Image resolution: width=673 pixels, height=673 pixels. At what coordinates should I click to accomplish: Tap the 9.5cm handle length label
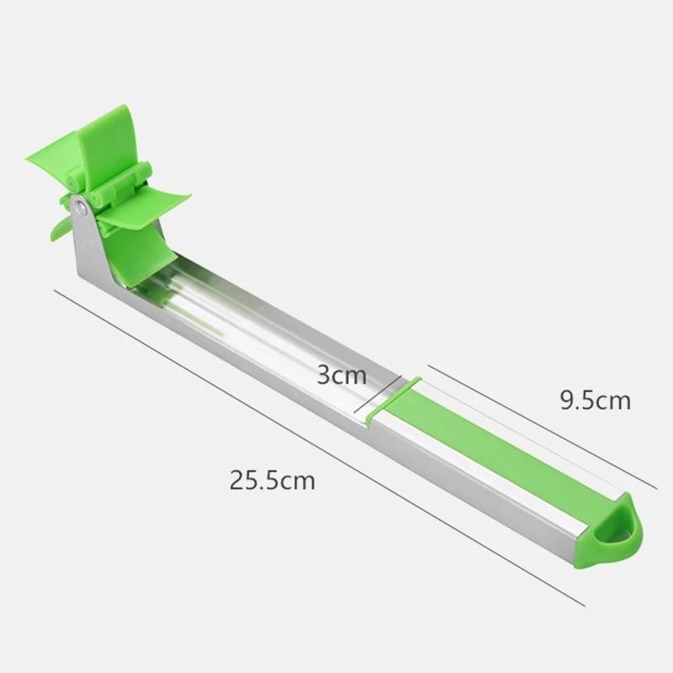click(x=595, y=400)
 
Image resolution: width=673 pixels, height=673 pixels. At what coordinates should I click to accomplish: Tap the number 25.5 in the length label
click(x=256, y=480)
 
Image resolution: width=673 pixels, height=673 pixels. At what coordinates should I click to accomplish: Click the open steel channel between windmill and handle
click(x=269, y=328)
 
